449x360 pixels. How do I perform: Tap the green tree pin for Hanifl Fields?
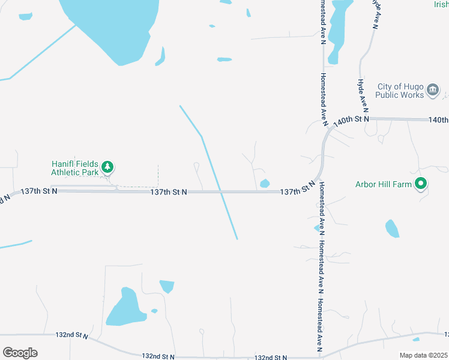pos(107,166)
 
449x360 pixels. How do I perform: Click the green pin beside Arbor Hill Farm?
pos(421,183)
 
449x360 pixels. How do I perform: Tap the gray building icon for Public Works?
pos(433,91)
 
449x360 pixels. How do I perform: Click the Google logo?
pos(20,353)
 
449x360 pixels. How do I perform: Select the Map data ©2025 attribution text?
pos(423,355)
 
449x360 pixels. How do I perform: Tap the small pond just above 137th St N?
pos(265,183)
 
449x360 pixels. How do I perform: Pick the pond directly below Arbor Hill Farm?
pos(392,229)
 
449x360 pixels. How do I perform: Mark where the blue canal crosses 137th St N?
pos(221,191)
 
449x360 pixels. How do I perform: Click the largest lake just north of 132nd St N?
pos(125,309)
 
